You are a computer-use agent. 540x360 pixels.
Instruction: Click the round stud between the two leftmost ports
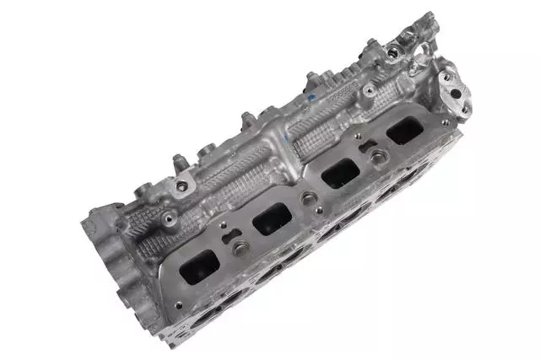click(241, 248)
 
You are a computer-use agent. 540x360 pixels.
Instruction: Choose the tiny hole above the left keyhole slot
click(221, 226)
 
